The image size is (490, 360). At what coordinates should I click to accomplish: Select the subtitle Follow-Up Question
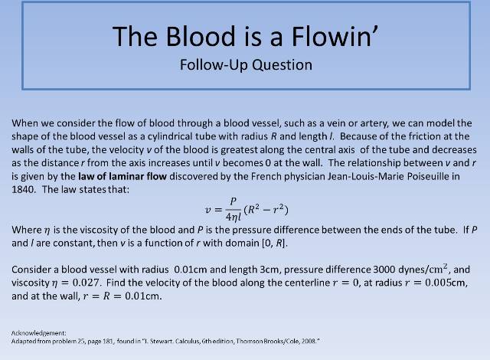pos(245,64)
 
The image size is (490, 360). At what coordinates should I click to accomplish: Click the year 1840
pos(23,190)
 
